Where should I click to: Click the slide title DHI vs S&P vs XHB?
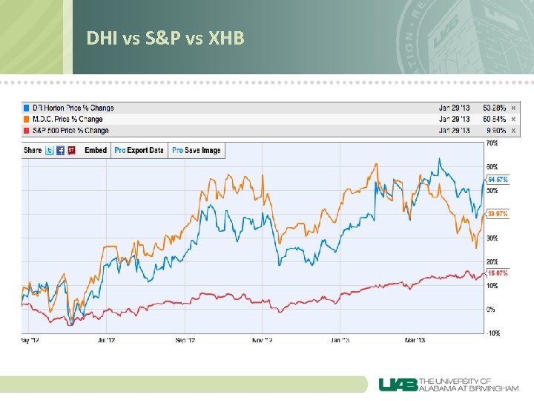tap(165, 37)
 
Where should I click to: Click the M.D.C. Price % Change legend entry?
tap(67, 119)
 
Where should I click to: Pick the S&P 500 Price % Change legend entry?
tap(70, 131)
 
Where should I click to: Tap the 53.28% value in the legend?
tap(494, 108)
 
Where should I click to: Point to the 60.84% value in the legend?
tap(494, 119)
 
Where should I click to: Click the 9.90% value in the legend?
tap(495, 131)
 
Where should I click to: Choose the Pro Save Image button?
tap(197, 150)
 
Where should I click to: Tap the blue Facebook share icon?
tap(61, 150)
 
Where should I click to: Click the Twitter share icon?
tap(50, 150)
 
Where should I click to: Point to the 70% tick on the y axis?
tap(492, 143)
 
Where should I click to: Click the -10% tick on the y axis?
tap(492, 333)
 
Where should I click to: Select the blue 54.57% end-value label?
tap(498, 180)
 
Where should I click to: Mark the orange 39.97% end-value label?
tap(498, 215)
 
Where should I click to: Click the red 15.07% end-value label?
tap(498, 273)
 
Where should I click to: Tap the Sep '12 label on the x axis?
tap(185, 341)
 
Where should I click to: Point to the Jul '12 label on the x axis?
tap(107, 341)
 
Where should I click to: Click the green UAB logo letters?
tap(398, 384)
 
